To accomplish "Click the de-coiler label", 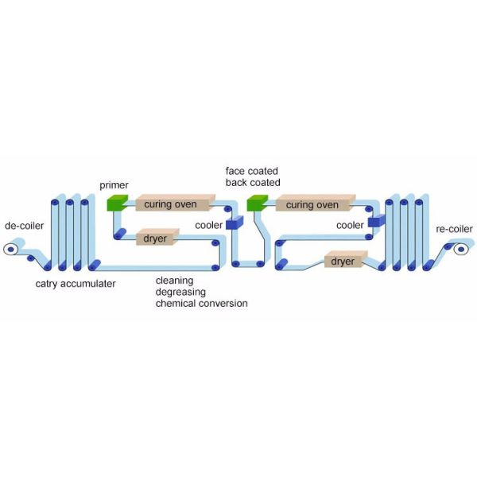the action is [x=25, y=226].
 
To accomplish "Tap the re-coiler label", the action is [x=454, y=229].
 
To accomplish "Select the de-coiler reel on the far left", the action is [x=10, y=250].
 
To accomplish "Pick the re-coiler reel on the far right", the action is [x=461, y=250].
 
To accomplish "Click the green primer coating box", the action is [x=117, y=203].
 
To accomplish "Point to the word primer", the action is [x=114, y=185].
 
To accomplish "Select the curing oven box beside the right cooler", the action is [x=316, y=203].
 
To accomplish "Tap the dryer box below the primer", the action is [x=157, y=237].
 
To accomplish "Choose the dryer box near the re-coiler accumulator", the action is [x=346, y=259].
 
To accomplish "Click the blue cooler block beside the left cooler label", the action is [x=235, y=223].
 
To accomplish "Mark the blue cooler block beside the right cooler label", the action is [x=377, y=221].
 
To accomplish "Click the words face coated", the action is [x=251, y=171].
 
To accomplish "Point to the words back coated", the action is [x=253, y=183].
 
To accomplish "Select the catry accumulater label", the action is [x=76, y=284].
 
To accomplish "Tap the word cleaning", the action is [x=174, y=281].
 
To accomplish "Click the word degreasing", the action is [x=180, y=292].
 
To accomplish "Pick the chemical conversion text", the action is [x=201, y=304].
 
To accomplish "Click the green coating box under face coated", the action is [x=258, y=203].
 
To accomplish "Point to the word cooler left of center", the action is [x=208, y=226].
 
